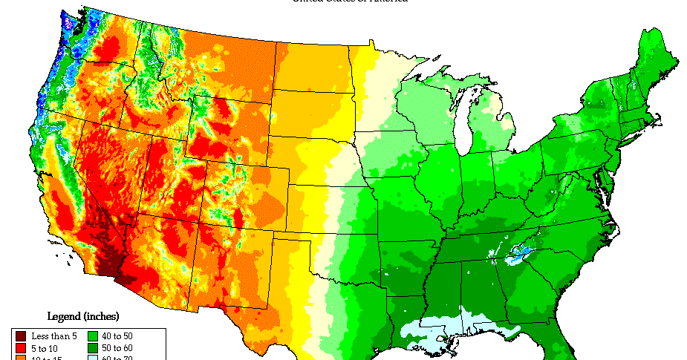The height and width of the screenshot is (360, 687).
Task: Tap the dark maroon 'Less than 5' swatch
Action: pyautogui.click(x=20, y=336)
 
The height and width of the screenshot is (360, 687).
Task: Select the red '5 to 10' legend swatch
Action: pyautogui.click(x=20, y=348)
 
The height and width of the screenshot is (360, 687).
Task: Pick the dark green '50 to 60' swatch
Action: pyautogui.click(x=94, y=348)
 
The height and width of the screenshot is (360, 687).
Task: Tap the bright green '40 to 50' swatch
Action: pyautogui.click(x=94, y=336)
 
